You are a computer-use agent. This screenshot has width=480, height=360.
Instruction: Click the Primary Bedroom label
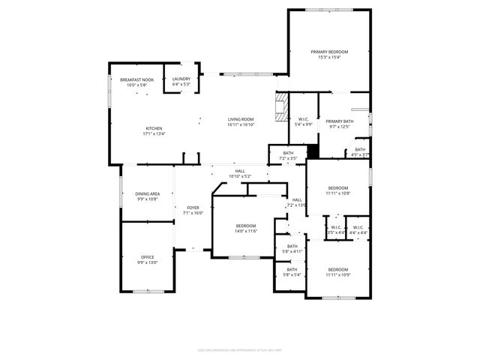pyautogui.click(x=329, y=52)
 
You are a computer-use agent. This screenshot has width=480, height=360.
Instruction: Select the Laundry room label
pyautogui.click(x=181, y=79)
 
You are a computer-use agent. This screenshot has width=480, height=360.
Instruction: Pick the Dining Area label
pyautogui.click(x=147, y=193)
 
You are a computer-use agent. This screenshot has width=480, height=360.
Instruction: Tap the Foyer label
pyautogui.click(x=193, y=208)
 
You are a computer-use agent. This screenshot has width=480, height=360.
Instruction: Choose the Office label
pyautogui.click(x=147, y=257)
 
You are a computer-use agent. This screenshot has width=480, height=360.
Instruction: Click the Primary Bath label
pyautogui.click(x=339, y=121)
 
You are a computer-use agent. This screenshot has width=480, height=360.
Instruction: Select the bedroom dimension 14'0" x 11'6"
pyautogui.click(x=246, y=231)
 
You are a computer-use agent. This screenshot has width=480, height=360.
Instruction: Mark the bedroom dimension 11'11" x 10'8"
pyautogui.click(x=337, y=193)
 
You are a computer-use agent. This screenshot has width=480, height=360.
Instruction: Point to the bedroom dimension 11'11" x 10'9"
pyautogui.click(x=337, y=274)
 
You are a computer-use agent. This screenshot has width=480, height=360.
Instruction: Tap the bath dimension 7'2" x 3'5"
pyautogui.click(x=288, y=158)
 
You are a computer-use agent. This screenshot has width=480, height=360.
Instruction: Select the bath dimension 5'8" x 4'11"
pyautogui.click(x=292, y=251)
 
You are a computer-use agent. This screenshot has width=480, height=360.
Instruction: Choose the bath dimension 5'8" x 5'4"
pyautogui.click(x=292, y=274)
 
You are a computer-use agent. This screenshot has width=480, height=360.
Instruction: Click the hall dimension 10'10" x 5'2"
pyautogui.click(x=240, y=176)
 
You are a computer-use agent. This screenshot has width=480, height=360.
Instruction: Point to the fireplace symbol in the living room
pyautogui.click(x=281, y=107)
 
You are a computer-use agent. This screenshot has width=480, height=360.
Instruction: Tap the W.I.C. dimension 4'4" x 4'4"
pyautogui.click(x=358, y=232)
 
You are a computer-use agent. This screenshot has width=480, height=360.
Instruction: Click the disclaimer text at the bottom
pyautogui.click(x=240, y=349)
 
